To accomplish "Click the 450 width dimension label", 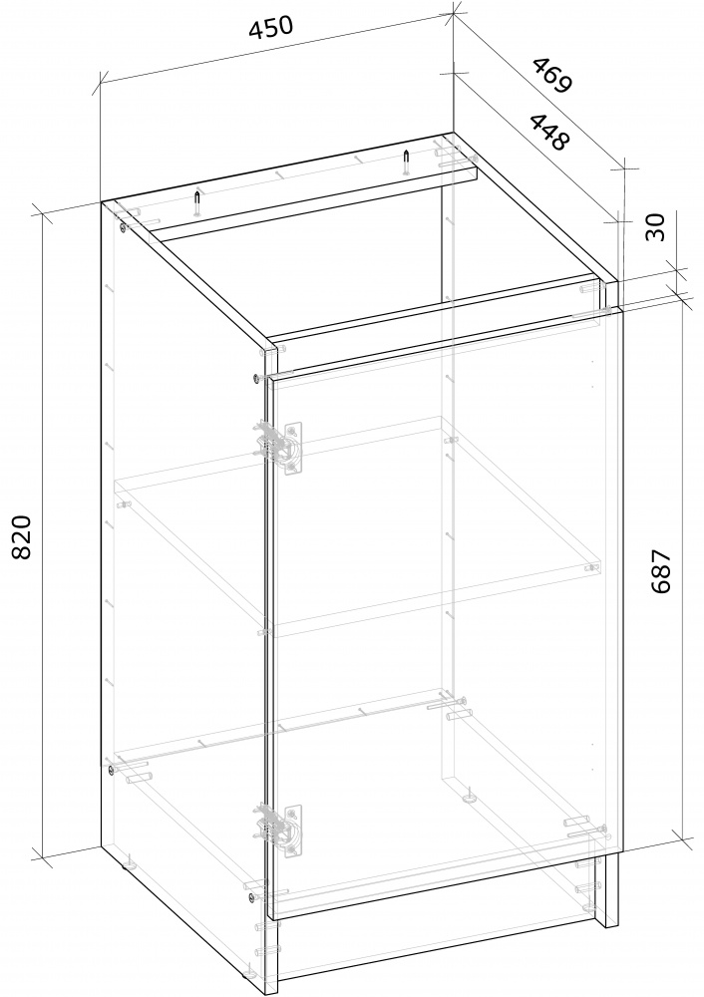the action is [x=271, y=29].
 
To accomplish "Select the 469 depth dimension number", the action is [x=552, y=75].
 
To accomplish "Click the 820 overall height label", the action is [x=22, y=536].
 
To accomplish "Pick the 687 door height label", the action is [x=661, y=571].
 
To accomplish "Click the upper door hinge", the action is [x=279, y=445].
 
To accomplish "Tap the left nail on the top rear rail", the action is [x=197, y=203].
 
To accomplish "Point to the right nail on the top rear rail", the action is [x=405, y=163].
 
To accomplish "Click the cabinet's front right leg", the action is [x=606, y=889].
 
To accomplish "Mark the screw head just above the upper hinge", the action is [x=255, y=378].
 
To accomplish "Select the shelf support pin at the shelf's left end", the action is [x=124, y=504].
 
